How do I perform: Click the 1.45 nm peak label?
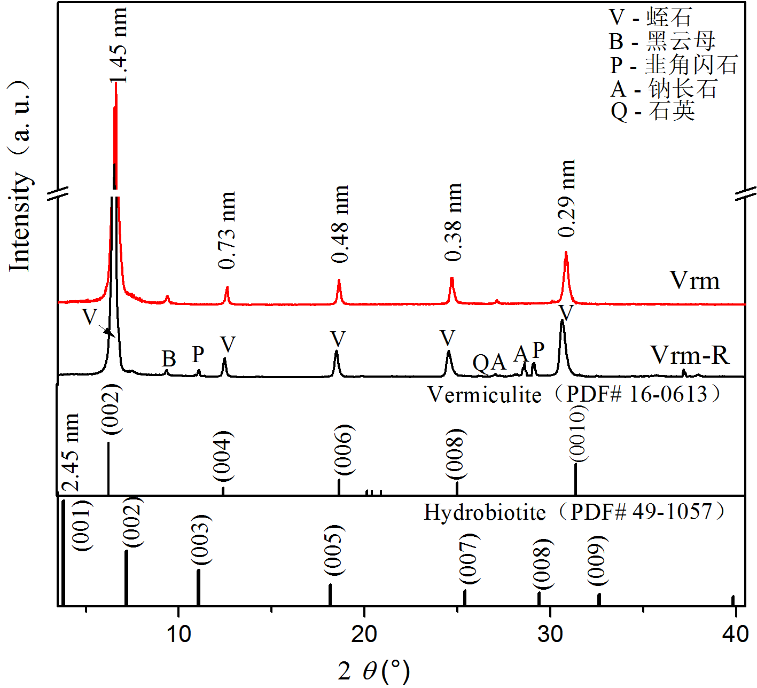119,45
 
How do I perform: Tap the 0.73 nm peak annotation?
227,230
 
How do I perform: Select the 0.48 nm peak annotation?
340,224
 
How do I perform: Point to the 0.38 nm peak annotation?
453,222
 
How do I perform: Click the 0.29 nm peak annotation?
566,198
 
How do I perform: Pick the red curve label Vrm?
694,280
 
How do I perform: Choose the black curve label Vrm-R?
689,355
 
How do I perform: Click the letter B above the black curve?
169,359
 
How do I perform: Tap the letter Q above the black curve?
481,363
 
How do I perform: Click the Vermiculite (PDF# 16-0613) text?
575,395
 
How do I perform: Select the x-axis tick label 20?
364,634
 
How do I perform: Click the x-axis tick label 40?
735,634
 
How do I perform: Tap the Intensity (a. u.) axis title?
20,176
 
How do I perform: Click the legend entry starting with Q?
653,111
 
